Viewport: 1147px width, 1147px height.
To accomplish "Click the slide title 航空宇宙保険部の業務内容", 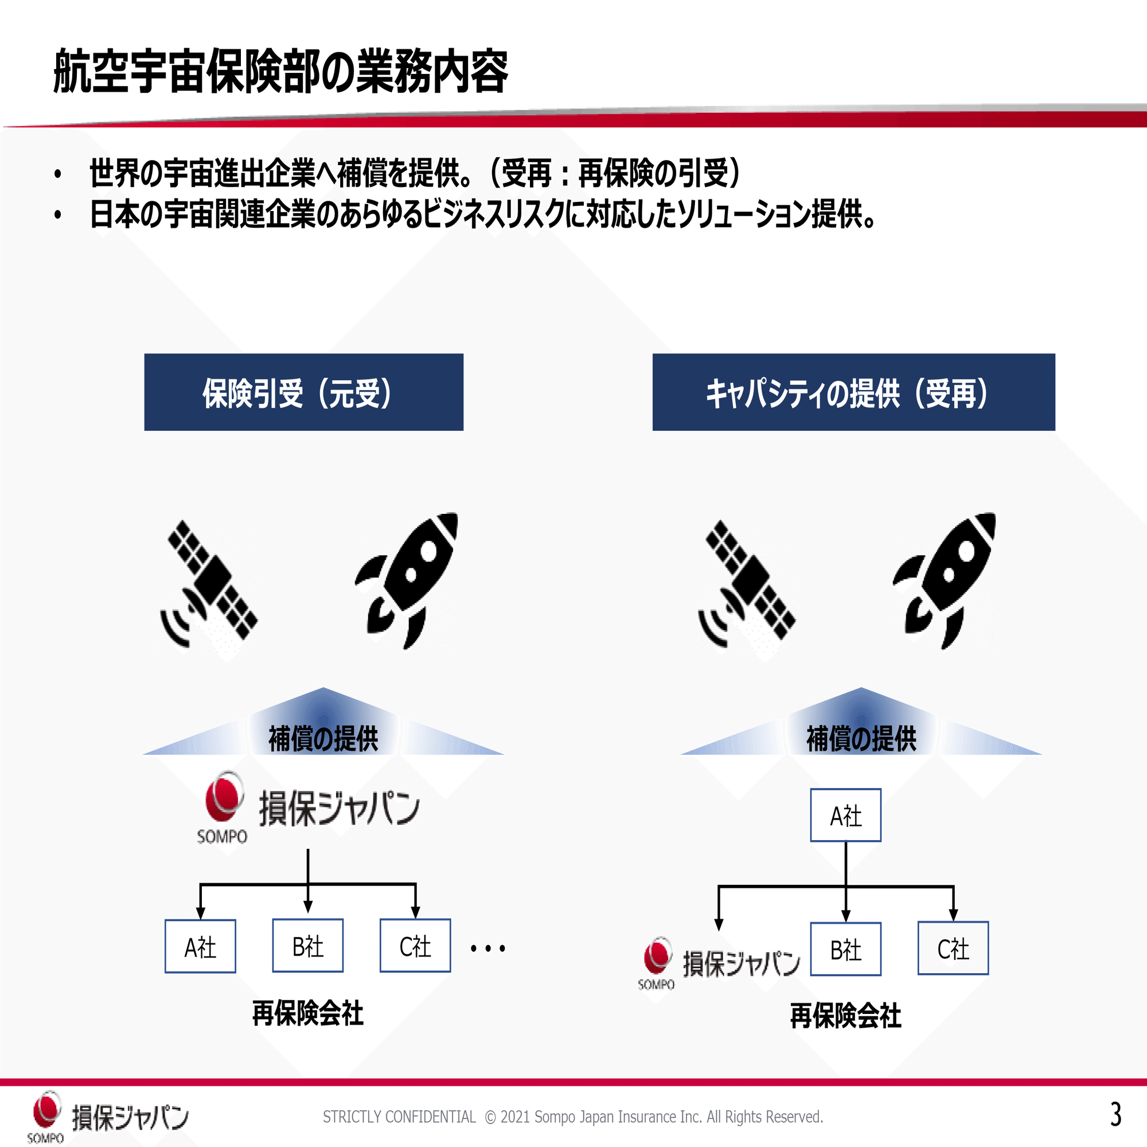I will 281,72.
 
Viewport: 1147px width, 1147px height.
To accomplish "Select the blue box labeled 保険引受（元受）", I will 303,392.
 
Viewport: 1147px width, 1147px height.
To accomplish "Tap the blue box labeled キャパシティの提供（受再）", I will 853,392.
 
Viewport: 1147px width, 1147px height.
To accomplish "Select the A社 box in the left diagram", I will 200,946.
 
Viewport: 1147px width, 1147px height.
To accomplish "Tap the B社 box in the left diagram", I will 307,946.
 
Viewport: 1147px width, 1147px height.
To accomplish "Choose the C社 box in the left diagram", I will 415,946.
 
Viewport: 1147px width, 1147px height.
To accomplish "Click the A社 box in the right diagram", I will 845,815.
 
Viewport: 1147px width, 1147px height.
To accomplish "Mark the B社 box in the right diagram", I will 845,949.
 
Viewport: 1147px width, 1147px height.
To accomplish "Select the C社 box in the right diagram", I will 953,949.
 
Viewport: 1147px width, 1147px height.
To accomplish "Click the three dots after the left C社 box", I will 487,949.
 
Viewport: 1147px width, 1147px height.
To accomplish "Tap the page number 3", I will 1115,1114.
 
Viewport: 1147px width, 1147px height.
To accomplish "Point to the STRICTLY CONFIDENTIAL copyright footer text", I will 573,1117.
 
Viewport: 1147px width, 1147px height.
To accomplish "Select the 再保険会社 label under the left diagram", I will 307,1013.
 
